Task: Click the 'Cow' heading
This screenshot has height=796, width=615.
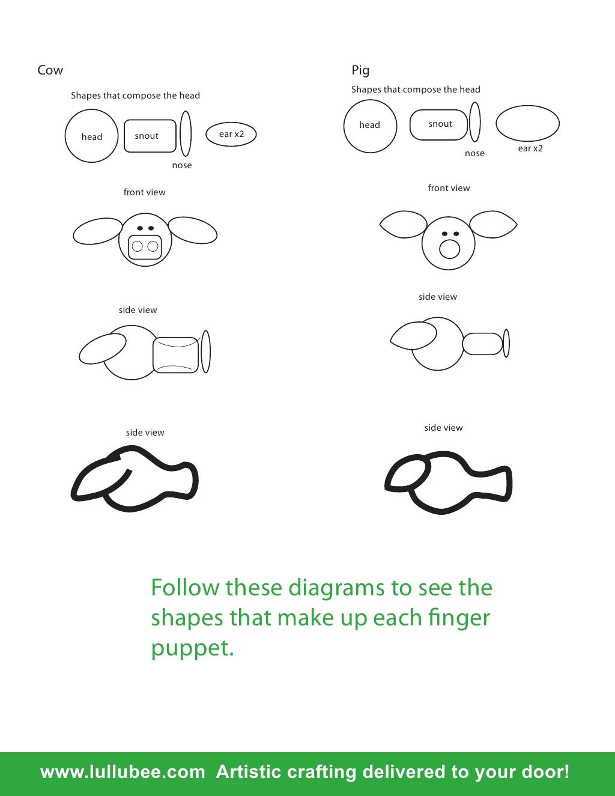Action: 50,70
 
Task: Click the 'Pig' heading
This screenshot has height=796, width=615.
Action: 360,70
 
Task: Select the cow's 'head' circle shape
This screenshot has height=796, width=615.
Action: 91,136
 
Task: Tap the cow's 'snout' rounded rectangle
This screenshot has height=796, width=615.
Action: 150,136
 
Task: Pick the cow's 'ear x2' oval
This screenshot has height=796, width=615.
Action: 231,134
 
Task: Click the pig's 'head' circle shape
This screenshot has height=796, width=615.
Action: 370,126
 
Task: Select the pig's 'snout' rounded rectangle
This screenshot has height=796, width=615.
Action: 439,124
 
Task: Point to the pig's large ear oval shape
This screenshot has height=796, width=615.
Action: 527,124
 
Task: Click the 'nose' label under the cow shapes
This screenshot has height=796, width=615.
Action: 182,165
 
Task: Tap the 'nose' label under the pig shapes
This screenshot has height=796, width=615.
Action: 474,153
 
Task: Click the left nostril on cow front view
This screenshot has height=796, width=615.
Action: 138,246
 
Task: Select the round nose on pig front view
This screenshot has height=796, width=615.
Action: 449,249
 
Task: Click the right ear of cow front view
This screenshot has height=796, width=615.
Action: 192,231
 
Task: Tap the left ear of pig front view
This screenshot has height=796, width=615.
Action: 404,224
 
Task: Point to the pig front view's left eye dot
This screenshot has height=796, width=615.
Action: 444,234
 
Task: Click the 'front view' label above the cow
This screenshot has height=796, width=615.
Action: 144,192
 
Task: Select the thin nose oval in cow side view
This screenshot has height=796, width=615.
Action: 205,351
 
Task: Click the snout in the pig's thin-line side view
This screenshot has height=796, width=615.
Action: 482,344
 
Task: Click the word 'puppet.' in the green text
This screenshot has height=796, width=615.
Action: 192,649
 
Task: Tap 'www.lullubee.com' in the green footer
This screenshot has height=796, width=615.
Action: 123,772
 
